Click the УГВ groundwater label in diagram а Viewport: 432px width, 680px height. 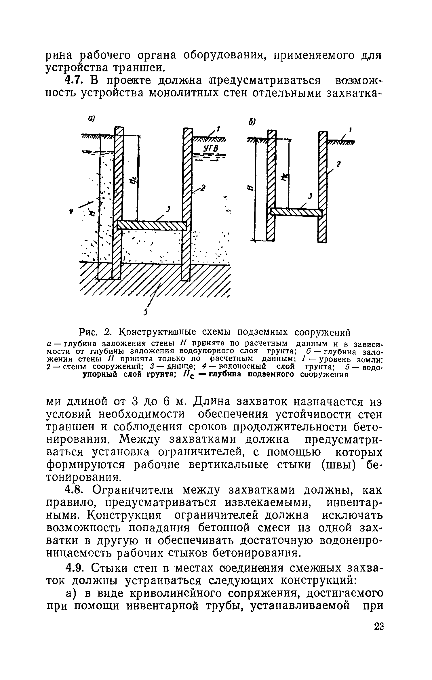(211, 149)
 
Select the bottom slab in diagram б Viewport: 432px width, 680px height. (296, 212)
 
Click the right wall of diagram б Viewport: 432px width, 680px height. (323, 187)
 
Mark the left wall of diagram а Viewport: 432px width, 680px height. (118, 201)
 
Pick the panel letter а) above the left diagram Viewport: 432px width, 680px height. (91, 118)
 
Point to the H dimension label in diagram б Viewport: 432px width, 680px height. (250, 188)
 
